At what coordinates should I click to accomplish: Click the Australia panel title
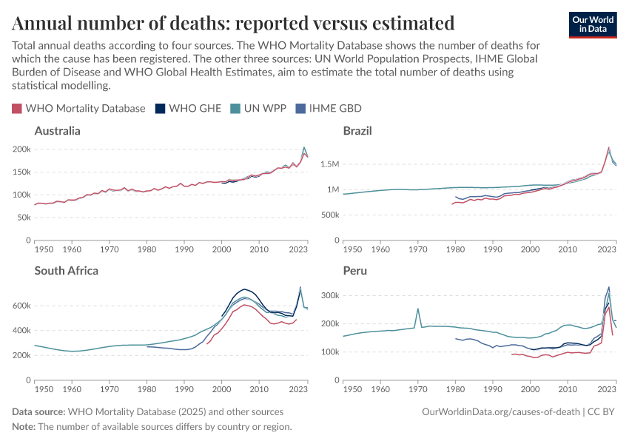pos(58,131)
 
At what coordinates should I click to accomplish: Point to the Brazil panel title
pos(357,131)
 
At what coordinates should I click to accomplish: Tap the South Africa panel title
pos(67,270)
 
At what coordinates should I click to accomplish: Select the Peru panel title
pos(355,270)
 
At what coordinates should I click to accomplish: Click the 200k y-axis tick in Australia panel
pos(22,149)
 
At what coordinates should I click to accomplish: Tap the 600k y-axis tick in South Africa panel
pos(22,306)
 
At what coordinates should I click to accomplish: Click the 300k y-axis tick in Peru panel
pos(329,295)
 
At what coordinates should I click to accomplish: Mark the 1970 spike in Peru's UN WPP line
pos(418,309)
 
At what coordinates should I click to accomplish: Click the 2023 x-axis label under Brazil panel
pos(607,249)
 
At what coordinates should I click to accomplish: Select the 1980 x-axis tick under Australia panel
pos(147,249)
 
